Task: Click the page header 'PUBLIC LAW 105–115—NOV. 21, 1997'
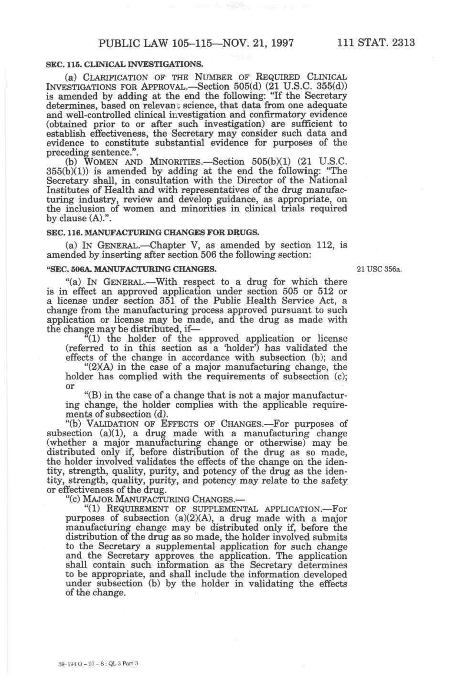(x=196, y=43)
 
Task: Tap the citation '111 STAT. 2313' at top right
(x=376, y=43)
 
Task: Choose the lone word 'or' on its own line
(x=70, y=386)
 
